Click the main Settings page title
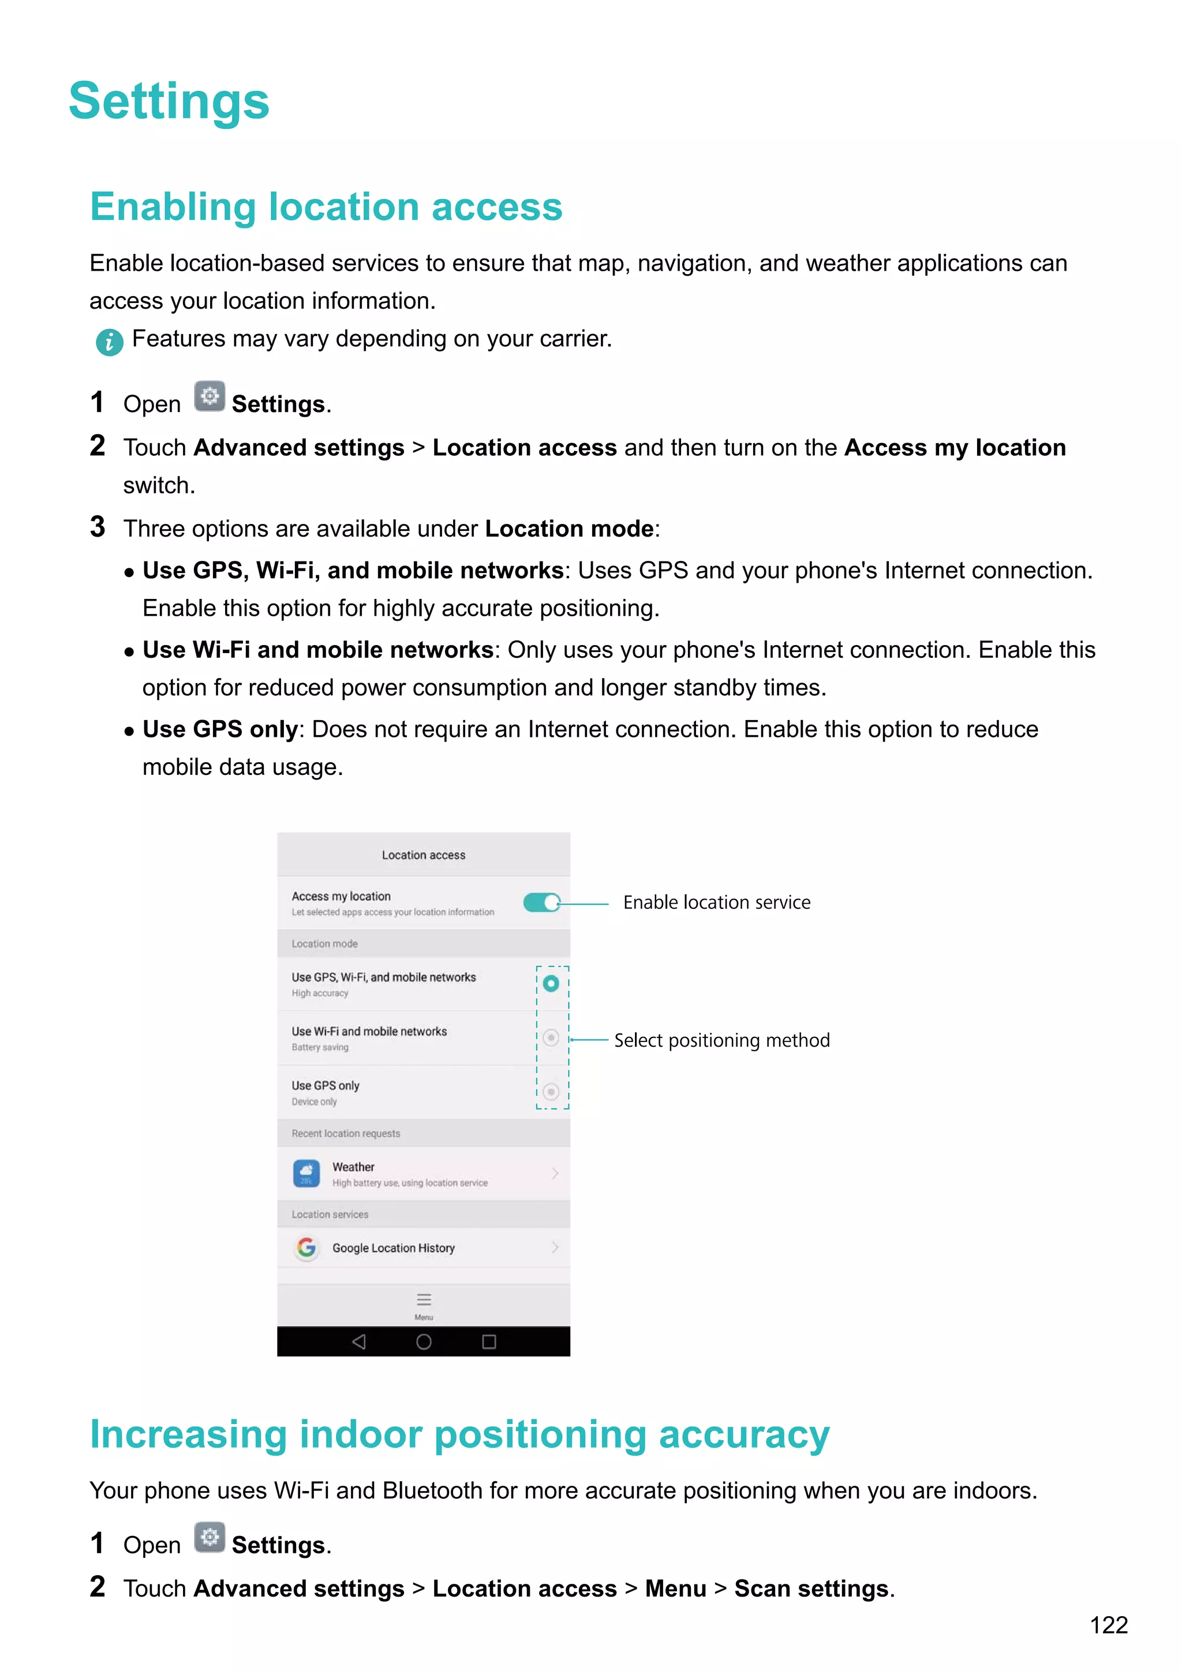coord(169,100)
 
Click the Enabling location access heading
coord(326,207)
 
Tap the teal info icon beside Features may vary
coord(109,342)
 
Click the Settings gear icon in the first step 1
coord(210,396)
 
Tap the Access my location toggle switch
coord(541,902)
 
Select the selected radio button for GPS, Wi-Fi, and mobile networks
coord(551,984)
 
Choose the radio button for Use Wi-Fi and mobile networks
coord(551,1038)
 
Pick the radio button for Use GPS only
coord(551,1092)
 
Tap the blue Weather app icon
coord(306,1173)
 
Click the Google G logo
coord(306,1248)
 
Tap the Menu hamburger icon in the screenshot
coord(424,1300)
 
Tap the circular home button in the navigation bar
coord(424,1342)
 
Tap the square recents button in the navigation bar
coord(489,1342)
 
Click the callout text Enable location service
coord(716,902)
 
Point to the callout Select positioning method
coord(721,1040)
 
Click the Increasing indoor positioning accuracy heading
coord(459,1434)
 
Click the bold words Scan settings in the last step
coord(811,1588)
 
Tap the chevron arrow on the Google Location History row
coord(555,1247)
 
